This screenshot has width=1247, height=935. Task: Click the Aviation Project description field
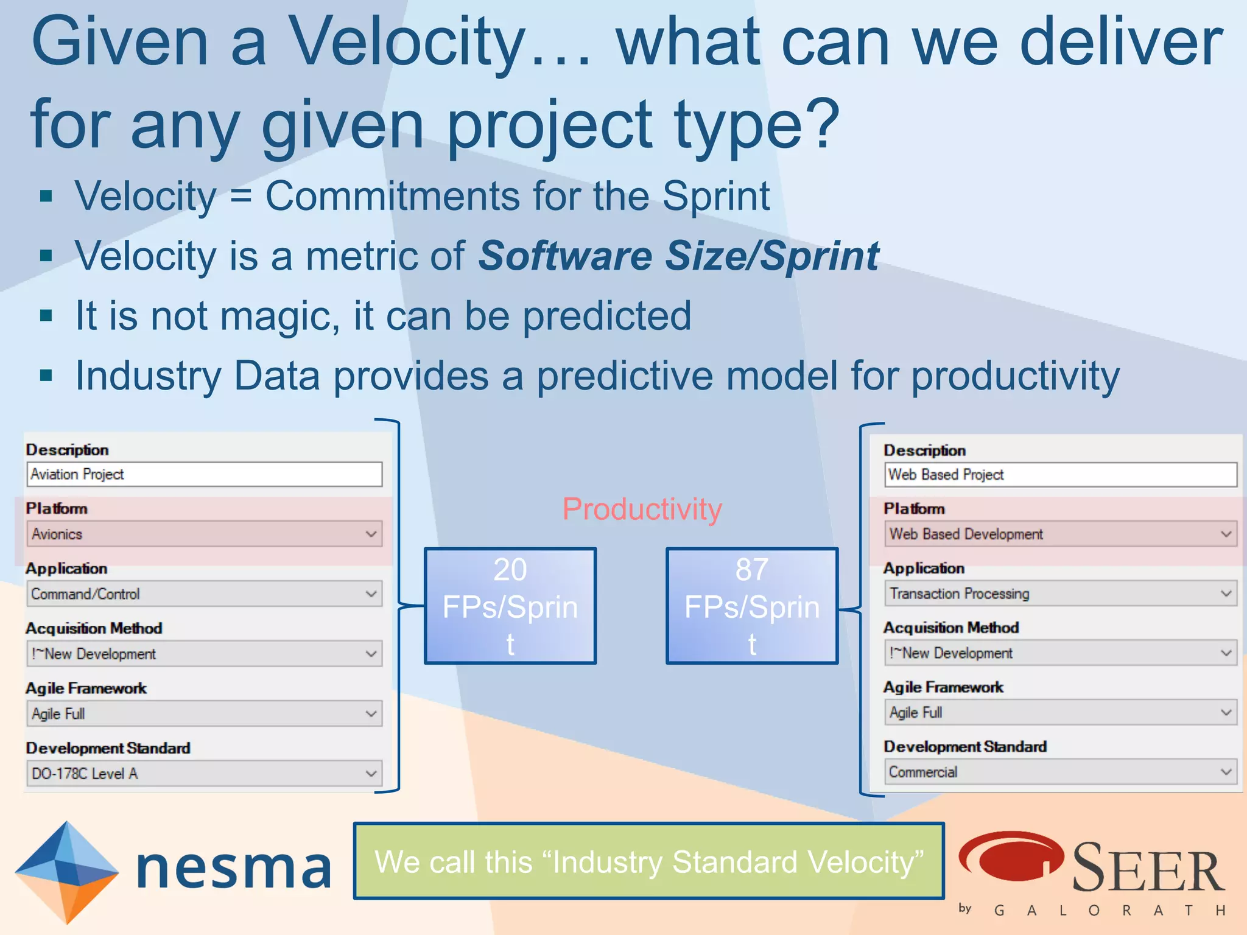tap(204, 474)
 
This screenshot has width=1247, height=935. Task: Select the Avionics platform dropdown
tap(204, 534)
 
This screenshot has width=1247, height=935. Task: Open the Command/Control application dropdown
tap(204, 594)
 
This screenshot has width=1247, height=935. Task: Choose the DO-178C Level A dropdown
tap(204, 773)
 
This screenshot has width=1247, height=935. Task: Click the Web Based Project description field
tap(1059, 474)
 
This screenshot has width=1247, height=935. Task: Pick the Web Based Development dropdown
tap(1059, 534)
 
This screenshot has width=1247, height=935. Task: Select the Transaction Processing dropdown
tap(1059, 594)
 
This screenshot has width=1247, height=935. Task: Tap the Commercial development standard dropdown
tap(1059, 772)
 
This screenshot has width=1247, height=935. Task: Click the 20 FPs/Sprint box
tap(510, 606)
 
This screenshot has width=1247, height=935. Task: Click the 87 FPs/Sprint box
tap(751, 606)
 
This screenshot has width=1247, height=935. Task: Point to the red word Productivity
tap(642, 509)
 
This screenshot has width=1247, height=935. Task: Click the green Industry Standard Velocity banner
tap(648, 861)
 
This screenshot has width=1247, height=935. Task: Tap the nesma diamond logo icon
tap(66, 872)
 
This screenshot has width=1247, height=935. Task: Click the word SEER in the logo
tap(1147, 867)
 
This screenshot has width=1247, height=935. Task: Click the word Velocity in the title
tap(406, 41)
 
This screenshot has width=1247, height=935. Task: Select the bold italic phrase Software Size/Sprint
tap(678, 256)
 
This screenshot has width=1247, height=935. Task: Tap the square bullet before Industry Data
tap(46, 375)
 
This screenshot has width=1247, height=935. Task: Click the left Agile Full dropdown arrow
tap(371, 713)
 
